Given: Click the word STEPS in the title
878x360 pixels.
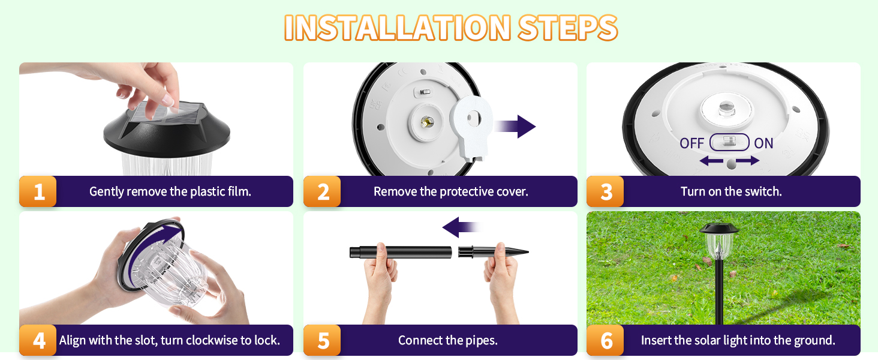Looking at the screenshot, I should pos(567,27).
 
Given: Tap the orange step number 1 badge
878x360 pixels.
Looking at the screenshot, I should pos(38,192).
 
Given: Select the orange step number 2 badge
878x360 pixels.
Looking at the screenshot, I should pos(323,192).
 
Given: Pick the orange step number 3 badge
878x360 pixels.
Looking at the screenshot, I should pos(606,192).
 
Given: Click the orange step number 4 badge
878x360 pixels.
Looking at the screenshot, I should pos(38,341).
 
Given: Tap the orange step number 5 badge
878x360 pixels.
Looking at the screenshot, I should pos(323,341).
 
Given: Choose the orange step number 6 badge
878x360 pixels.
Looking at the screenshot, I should pos(606,341).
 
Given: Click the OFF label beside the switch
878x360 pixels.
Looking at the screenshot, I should pos(691,143).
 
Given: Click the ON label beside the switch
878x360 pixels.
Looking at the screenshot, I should pos(763,143).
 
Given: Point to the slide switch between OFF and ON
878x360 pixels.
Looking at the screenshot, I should pos(729,142).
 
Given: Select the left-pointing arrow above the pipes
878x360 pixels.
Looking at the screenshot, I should pos(461,227).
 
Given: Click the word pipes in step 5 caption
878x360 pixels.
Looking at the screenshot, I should pos(483,341).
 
